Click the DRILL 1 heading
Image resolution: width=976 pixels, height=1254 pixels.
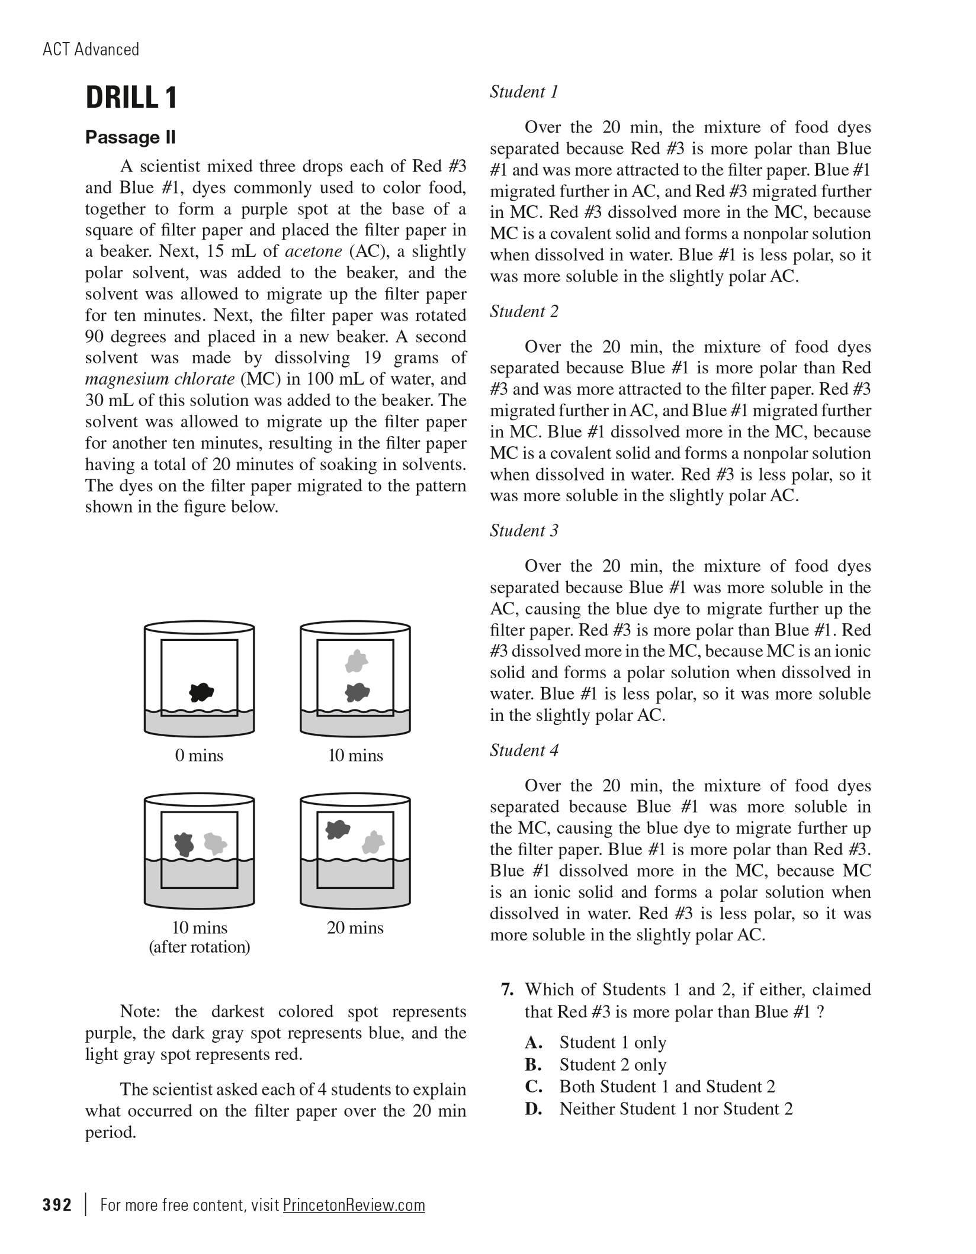[x=131, y=98]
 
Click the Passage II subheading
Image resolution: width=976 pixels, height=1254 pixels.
[x=130, y=137]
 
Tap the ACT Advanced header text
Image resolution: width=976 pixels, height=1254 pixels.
[x=91, y=49]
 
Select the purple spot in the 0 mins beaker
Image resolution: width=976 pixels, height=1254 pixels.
[x=201, y=691]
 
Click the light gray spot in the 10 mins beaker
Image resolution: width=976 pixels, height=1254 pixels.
[x=357, y=661]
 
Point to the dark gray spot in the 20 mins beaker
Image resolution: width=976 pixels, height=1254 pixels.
[x=338, y=830]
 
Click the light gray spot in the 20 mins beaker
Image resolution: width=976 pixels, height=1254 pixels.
[x=373, y=843]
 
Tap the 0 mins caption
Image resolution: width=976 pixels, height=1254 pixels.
[x=199, y=756]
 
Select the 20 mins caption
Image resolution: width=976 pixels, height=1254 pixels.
[x=355, y=927]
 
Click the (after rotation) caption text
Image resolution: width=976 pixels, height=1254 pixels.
[x=199, y=947]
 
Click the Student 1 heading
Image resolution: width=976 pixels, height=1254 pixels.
[x=524, y=92]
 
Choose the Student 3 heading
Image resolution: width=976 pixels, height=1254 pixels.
[x=524, y=531]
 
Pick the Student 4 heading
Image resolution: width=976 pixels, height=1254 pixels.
[x=524, y=750]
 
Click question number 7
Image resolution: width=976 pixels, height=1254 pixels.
[x=506, y=989]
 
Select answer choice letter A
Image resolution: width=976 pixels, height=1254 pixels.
[x=534, y=1043]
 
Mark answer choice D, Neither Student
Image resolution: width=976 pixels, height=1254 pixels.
[x=675, y=1109]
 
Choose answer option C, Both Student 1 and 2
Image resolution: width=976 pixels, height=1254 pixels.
[x=666, y=1087]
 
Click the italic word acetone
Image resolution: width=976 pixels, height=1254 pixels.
[x=313, y=252]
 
